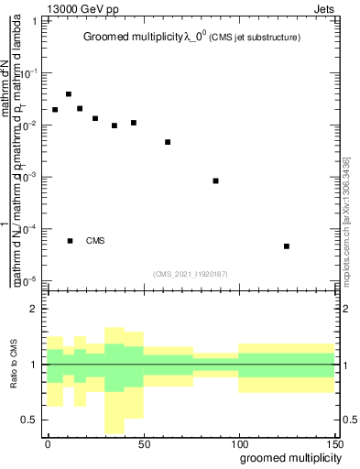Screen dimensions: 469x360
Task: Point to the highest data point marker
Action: (x=69, y=93)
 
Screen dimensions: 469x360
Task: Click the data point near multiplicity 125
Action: (x=287, y=246)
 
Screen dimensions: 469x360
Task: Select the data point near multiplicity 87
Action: (x=215, y=180)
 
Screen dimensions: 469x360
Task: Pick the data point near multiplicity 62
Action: (x=168, y=142)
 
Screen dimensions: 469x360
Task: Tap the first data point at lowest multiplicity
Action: (x=55, y=110)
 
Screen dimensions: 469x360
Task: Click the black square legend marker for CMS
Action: (x=70, y=241)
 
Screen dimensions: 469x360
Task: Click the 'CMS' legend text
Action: (x=96, y=241)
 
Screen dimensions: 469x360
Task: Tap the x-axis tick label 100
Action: (x=238, y=442)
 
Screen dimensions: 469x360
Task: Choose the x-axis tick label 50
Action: (x=143, y=442)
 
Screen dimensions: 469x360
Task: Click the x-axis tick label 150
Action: (x=333, y=442)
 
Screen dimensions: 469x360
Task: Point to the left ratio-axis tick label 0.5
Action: (x=29, y=420)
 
